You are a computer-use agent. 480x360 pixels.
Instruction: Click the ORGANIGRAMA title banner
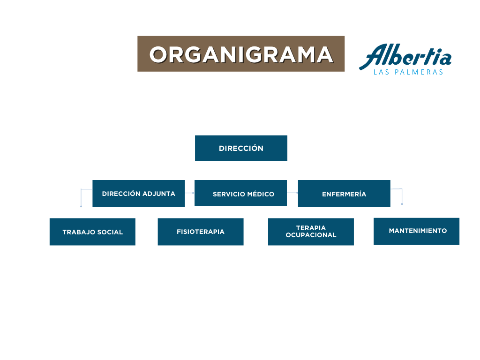click(241, 54)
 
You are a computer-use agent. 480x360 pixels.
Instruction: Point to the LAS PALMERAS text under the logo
click(408, 72)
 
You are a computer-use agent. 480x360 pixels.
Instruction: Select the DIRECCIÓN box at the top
click(241, 148)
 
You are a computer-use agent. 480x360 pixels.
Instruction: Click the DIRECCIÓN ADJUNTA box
click(138, 194)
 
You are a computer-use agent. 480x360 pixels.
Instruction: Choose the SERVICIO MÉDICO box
click(240, 193)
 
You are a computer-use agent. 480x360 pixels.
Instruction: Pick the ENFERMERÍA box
click(344, 194)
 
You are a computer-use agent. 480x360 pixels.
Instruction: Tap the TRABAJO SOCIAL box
click(92, 232)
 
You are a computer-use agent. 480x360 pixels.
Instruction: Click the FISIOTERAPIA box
click(201, 232)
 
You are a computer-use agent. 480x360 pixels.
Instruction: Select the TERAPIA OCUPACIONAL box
click(311, 232)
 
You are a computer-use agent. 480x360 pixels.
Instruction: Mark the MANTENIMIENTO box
click(416, 232)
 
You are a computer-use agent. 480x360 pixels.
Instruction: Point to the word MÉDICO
click(261, 194)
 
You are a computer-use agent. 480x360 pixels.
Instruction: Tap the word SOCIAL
click(110, 232)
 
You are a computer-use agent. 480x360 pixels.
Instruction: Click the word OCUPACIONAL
click(311, 235)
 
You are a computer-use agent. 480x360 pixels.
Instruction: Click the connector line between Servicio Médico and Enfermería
click(292, 193)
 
